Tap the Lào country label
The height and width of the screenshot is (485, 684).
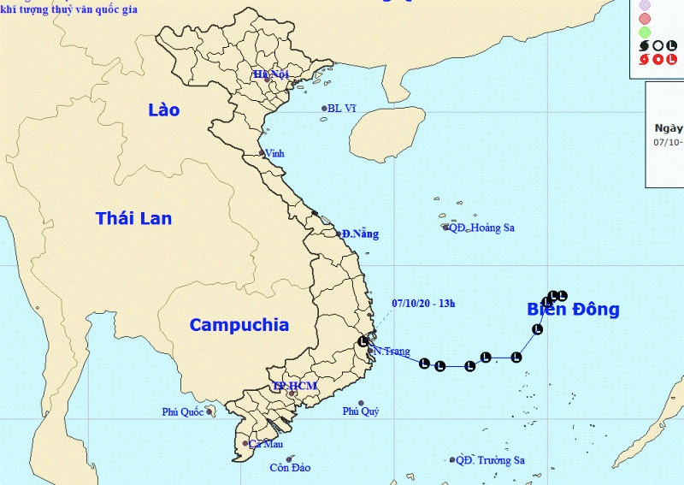coord(163,109)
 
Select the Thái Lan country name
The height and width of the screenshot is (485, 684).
coord(133,218)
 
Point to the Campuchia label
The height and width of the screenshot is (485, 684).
coord(239,325)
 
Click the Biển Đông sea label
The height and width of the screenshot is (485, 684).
coord(573,310)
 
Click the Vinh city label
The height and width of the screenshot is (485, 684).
coord(275,153)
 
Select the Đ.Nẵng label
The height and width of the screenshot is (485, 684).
coord(360,234)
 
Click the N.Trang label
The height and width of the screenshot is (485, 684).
coord(392,352)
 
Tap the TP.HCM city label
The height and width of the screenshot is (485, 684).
coord(295,387)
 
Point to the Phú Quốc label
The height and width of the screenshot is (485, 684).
coord(182,412)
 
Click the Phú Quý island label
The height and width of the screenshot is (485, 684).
coord(361,411)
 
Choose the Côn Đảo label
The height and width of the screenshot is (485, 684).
coord(290,468)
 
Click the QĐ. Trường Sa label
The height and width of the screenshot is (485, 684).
coord(490,460)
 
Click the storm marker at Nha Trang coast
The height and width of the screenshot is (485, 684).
coord(363,343)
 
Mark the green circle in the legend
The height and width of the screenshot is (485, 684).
coord(646,32)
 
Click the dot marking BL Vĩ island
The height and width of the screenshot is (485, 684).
coord(325,108)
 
